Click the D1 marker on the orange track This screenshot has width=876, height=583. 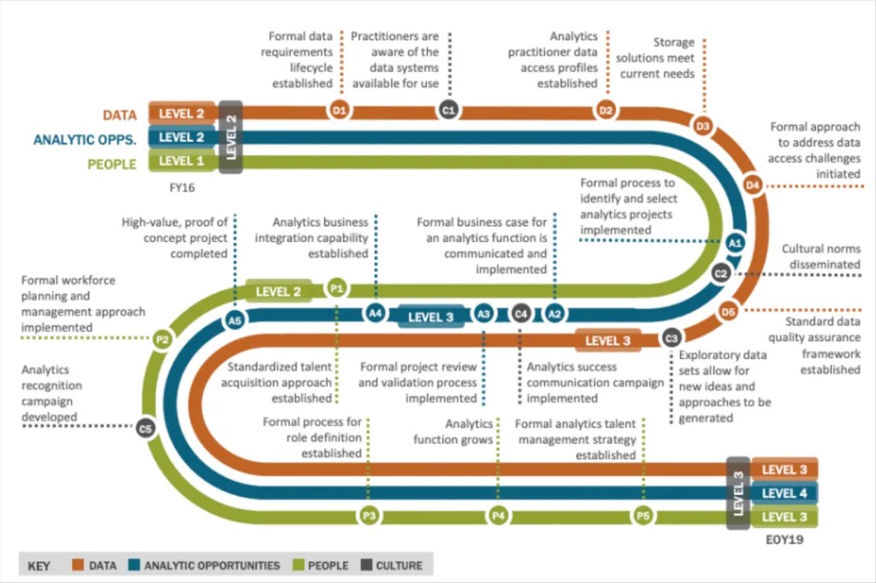click(x=340, y=109)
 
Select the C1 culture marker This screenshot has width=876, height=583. click(x=448, y=109)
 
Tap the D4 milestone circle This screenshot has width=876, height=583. click(x=753, y=184)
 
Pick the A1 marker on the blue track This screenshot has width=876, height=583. click(x=733, y=244)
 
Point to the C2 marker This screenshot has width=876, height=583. click(x=721, y=274)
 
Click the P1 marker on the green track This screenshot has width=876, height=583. click(x=337, y=289)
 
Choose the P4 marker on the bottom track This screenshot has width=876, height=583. click(x=499, y=515)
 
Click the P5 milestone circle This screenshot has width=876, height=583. click(x=643, y=515)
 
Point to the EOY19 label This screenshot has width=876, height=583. click(x=784, y=540)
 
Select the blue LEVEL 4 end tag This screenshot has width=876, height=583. click(x=784, y=493)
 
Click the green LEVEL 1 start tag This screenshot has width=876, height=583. click(x=182, y=160)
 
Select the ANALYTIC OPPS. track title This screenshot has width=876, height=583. click(x=85, y=138)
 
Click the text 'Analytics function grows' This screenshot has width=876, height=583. click(x=453, y=432)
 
